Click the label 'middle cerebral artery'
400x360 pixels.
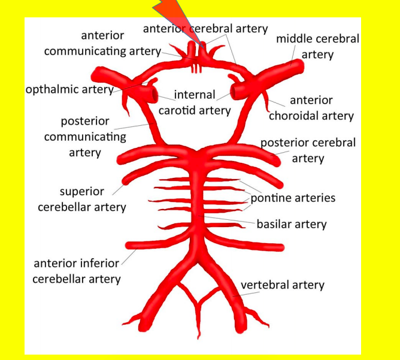point(317,46)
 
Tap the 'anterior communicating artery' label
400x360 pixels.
point(102,43)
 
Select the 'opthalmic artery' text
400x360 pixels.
point(69,90)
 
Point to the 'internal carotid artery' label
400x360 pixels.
point(195,102)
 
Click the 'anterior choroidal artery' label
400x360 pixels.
point(311,108)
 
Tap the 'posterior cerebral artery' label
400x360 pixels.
point(308,150)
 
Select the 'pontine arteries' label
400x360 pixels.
point(293,198)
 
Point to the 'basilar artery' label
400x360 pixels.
point(292,225)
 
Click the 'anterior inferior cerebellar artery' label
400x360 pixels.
point(77,271)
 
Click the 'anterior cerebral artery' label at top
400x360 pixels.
point(205,28)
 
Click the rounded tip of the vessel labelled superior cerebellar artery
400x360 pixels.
point(127,179)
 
